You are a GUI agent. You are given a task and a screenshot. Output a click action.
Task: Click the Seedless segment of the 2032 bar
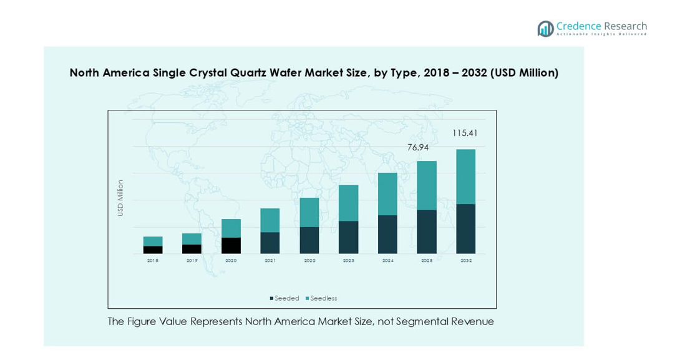click(x=465, y=177)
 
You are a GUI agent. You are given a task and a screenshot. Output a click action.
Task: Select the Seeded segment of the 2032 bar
click(x=465, y=228)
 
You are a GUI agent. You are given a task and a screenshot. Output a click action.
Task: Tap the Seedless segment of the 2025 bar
click(x=427, y=185)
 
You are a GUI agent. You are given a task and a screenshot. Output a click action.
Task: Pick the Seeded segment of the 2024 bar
click(x=387, y=234)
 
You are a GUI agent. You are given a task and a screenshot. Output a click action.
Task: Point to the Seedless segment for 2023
click(x=349, y=203)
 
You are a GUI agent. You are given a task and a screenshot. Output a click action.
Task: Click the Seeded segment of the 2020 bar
click(x=231, y=245)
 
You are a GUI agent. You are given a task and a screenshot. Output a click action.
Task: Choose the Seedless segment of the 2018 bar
click(x=153, y=241)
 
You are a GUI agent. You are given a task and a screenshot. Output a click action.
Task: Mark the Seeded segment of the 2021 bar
click(x=270, y=243)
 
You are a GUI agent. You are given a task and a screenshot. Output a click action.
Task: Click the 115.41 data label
click(x=465, y=133)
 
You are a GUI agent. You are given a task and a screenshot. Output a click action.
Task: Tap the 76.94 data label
click(x=418, y=147)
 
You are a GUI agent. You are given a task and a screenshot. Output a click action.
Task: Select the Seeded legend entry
click(x=284, y=298)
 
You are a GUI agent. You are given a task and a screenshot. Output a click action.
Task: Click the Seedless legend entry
click(x=321, y=298)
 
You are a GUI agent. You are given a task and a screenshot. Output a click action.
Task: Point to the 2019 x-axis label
click(x=192, y=260)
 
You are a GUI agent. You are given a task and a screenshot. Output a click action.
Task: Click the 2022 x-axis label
click(x=309, y=260)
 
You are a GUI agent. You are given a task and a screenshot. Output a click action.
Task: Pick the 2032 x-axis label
click(x=466, y=260)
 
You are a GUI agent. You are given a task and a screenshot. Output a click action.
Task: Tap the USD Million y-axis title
click(x=120, y=198)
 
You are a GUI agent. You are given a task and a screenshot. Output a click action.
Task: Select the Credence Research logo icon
click(x=545, y=29)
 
